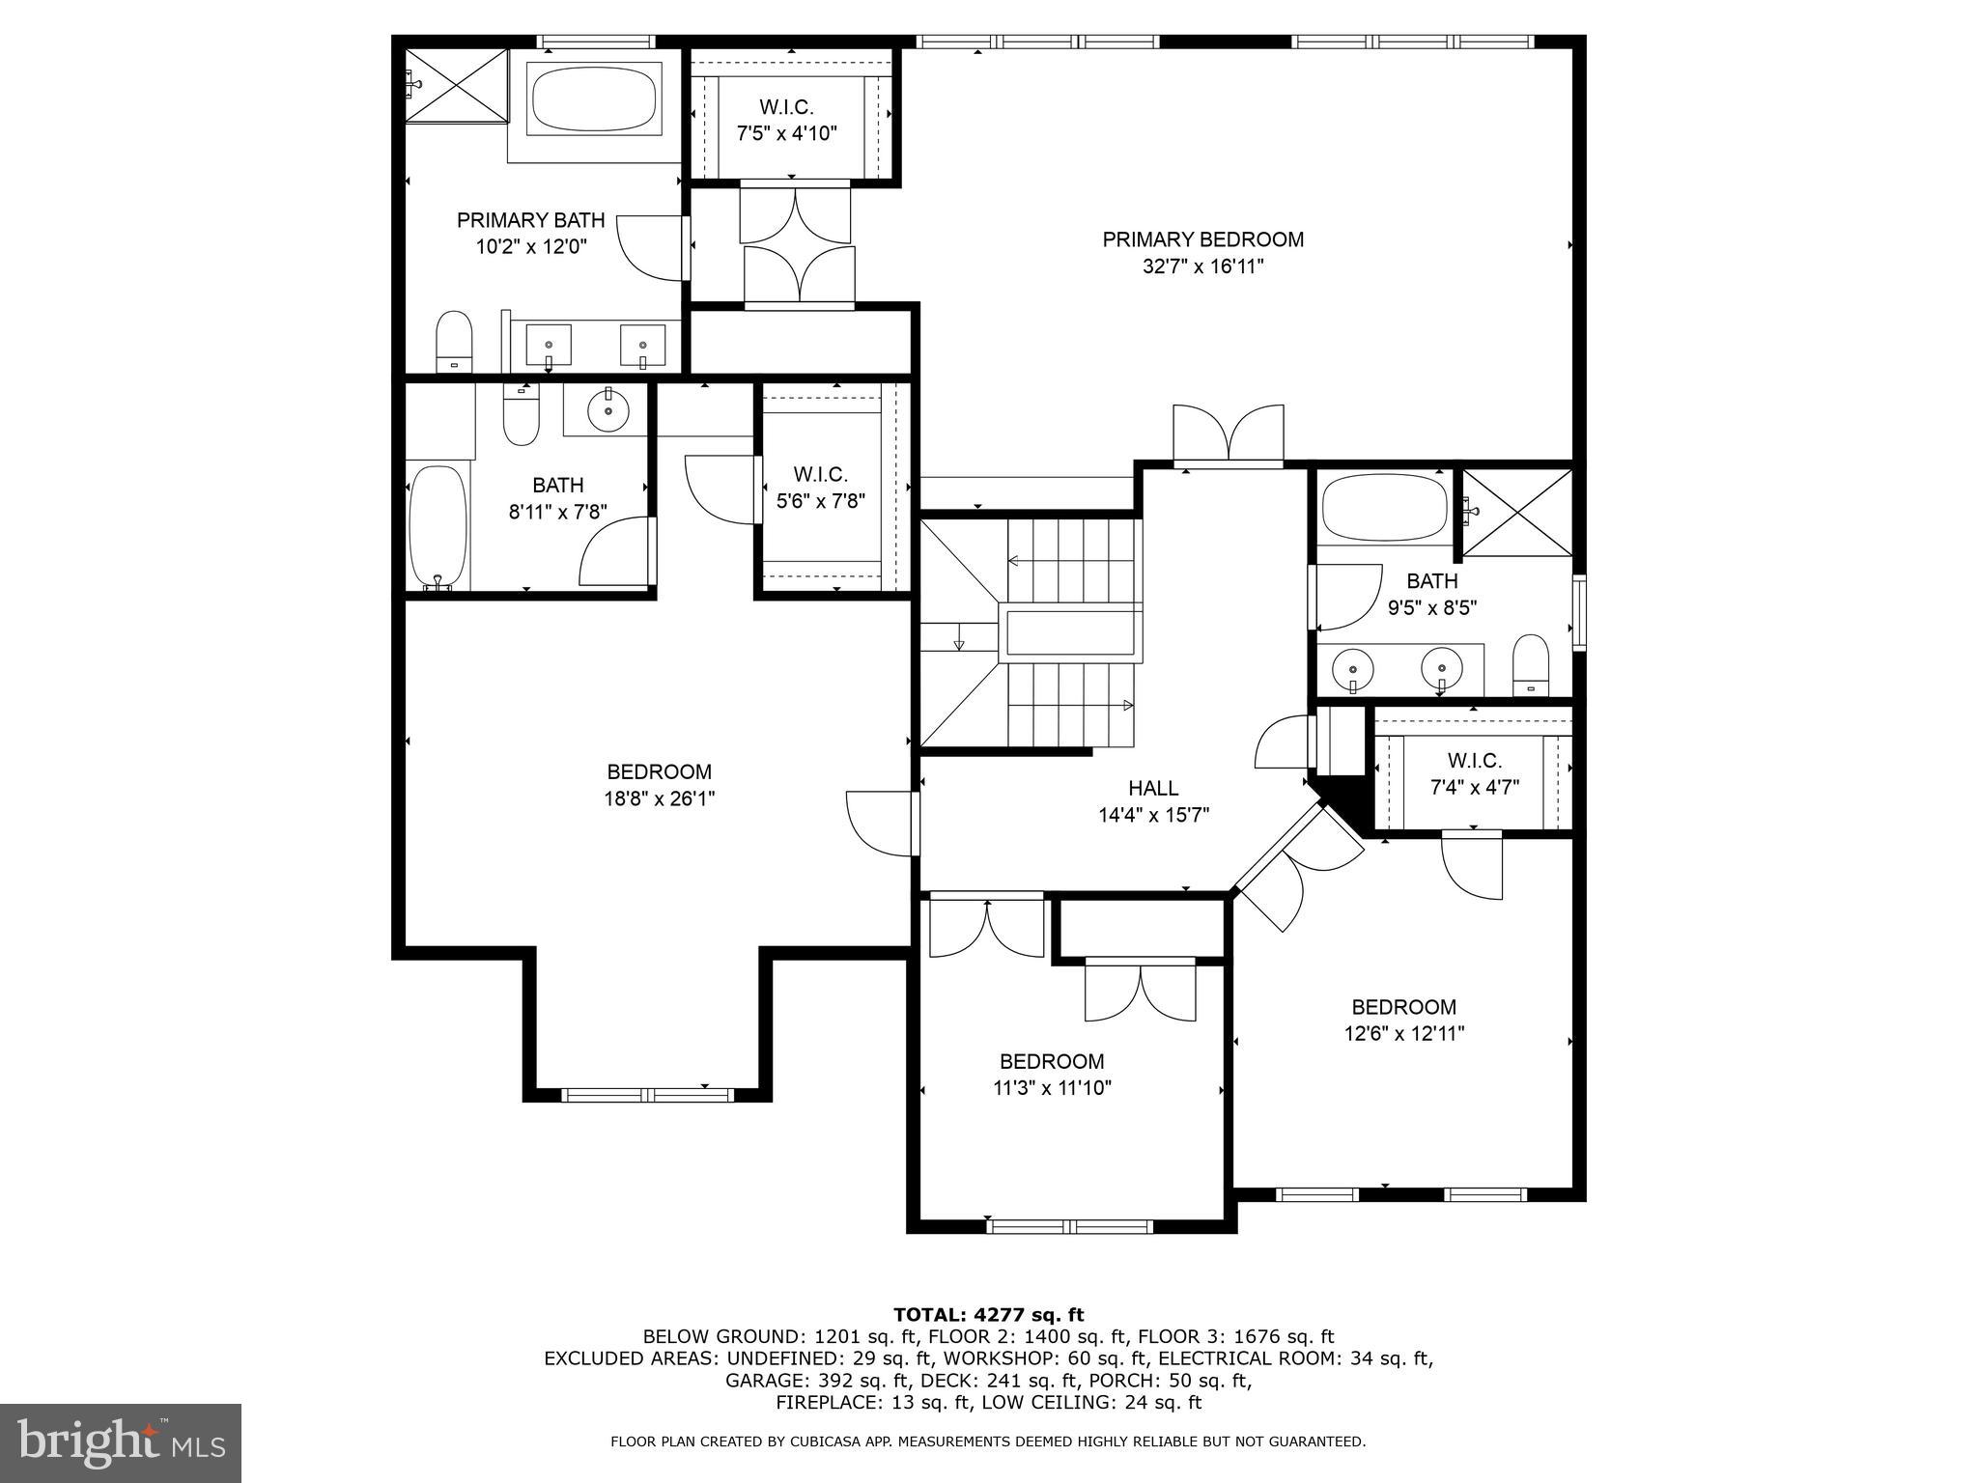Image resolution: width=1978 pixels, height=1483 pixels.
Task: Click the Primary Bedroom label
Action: [x=1202, y=239]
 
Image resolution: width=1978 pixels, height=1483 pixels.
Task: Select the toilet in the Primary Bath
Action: [x=453, y=341]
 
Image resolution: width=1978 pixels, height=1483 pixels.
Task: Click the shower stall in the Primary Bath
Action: [x=456, y=85]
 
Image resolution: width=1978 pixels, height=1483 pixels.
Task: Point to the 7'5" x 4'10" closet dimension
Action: [x=786, y=133]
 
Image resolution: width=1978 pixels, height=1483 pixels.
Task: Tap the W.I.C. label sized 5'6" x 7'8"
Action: [x=820, y=474]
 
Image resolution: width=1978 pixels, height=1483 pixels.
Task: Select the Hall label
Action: [x=1153, y=788]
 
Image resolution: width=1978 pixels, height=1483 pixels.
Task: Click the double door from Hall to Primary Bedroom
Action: [x=1229, y=435]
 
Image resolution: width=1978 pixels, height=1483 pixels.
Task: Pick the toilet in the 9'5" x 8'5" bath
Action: [x=1531, y=664]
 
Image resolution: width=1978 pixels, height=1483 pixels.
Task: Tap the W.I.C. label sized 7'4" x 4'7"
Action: [x=1474, y=761]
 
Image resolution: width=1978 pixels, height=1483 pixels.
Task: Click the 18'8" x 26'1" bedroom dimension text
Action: [x=660, y=798]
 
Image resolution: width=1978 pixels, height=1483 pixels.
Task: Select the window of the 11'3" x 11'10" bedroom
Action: [x=1070, y=1227]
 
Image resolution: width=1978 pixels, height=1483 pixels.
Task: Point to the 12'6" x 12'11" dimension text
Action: [x=1403, y=1034]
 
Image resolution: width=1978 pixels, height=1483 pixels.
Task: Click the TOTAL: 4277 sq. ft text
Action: [x=988, y=1314]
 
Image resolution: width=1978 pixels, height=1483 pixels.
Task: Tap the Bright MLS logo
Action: [x=121, y=1442]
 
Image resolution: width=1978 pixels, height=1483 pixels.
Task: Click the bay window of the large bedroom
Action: [x=647, y=1095]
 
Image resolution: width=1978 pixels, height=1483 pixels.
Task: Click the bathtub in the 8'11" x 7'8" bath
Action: [x=438, y=527]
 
